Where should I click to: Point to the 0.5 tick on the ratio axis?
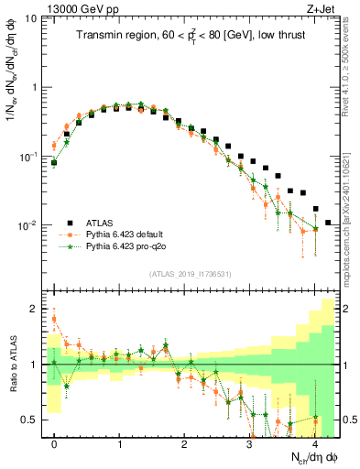click(30, 420)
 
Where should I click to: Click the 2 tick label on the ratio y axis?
click(35, 309)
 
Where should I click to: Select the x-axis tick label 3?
click(250, 444)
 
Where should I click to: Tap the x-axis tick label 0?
click(54, 444)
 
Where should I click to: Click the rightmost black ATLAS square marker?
click(329, 223)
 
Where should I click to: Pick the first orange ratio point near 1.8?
click(54, 319)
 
